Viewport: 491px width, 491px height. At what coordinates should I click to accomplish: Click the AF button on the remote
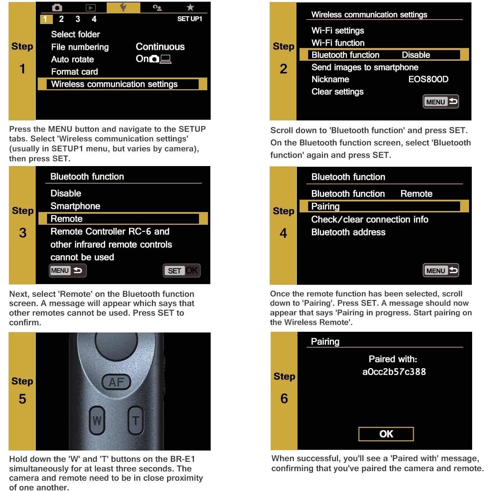tap(116, 382)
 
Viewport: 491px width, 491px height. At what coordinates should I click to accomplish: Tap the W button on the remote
tap(97, 420)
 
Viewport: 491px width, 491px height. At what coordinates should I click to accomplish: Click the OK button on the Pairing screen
tap(386, 434)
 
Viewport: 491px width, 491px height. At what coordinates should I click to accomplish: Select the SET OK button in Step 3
tap(182, 271)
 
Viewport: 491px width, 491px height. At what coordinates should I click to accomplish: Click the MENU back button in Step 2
tap(441, 102)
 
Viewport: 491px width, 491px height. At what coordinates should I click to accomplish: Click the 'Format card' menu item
tap(74, 72)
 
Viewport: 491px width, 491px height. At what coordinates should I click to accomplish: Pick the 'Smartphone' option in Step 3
tap(75, 206)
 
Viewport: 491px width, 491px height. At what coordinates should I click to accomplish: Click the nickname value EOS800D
tap(428, 79)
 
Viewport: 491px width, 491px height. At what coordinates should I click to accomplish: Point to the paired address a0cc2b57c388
tap(394, 372)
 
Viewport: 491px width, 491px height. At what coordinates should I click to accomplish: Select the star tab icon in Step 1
tap(190, 7)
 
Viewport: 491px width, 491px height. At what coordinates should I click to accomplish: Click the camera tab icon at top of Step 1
tap(57, 8)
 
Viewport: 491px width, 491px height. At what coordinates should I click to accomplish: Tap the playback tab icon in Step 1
tap(90, 8)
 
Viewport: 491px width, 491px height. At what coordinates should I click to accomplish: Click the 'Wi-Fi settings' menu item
tap(338, 31)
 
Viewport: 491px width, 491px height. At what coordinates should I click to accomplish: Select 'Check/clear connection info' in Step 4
tap(370, 220)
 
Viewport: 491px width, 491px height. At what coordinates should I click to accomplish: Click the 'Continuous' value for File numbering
tap(160, 47)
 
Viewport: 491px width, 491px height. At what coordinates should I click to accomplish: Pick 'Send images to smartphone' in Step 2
tap(365, 67)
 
